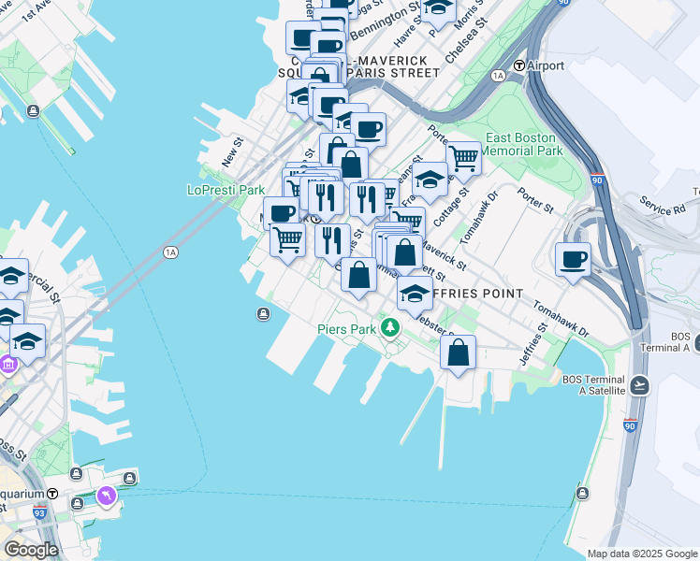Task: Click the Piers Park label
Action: (x=345, y=329)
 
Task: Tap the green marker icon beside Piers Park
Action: (x=390, y=329)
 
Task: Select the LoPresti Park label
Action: (x=226, y=190)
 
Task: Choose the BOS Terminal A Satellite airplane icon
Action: (x=640, y=385)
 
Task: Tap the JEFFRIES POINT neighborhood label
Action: (x=478, y=294)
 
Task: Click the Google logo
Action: (x=31, y=549)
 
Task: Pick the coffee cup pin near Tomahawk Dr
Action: (x=573, y=259)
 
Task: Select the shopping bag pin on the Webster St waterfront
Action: (x=458, y=353)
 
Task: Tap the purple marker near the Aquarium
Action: (x=106, y=495)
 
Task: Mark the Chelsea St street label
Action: (x=467, y=42)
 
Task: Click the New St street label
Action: (x=232, y=151)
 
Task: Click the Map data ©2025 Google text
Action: (x=642, y=554)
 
